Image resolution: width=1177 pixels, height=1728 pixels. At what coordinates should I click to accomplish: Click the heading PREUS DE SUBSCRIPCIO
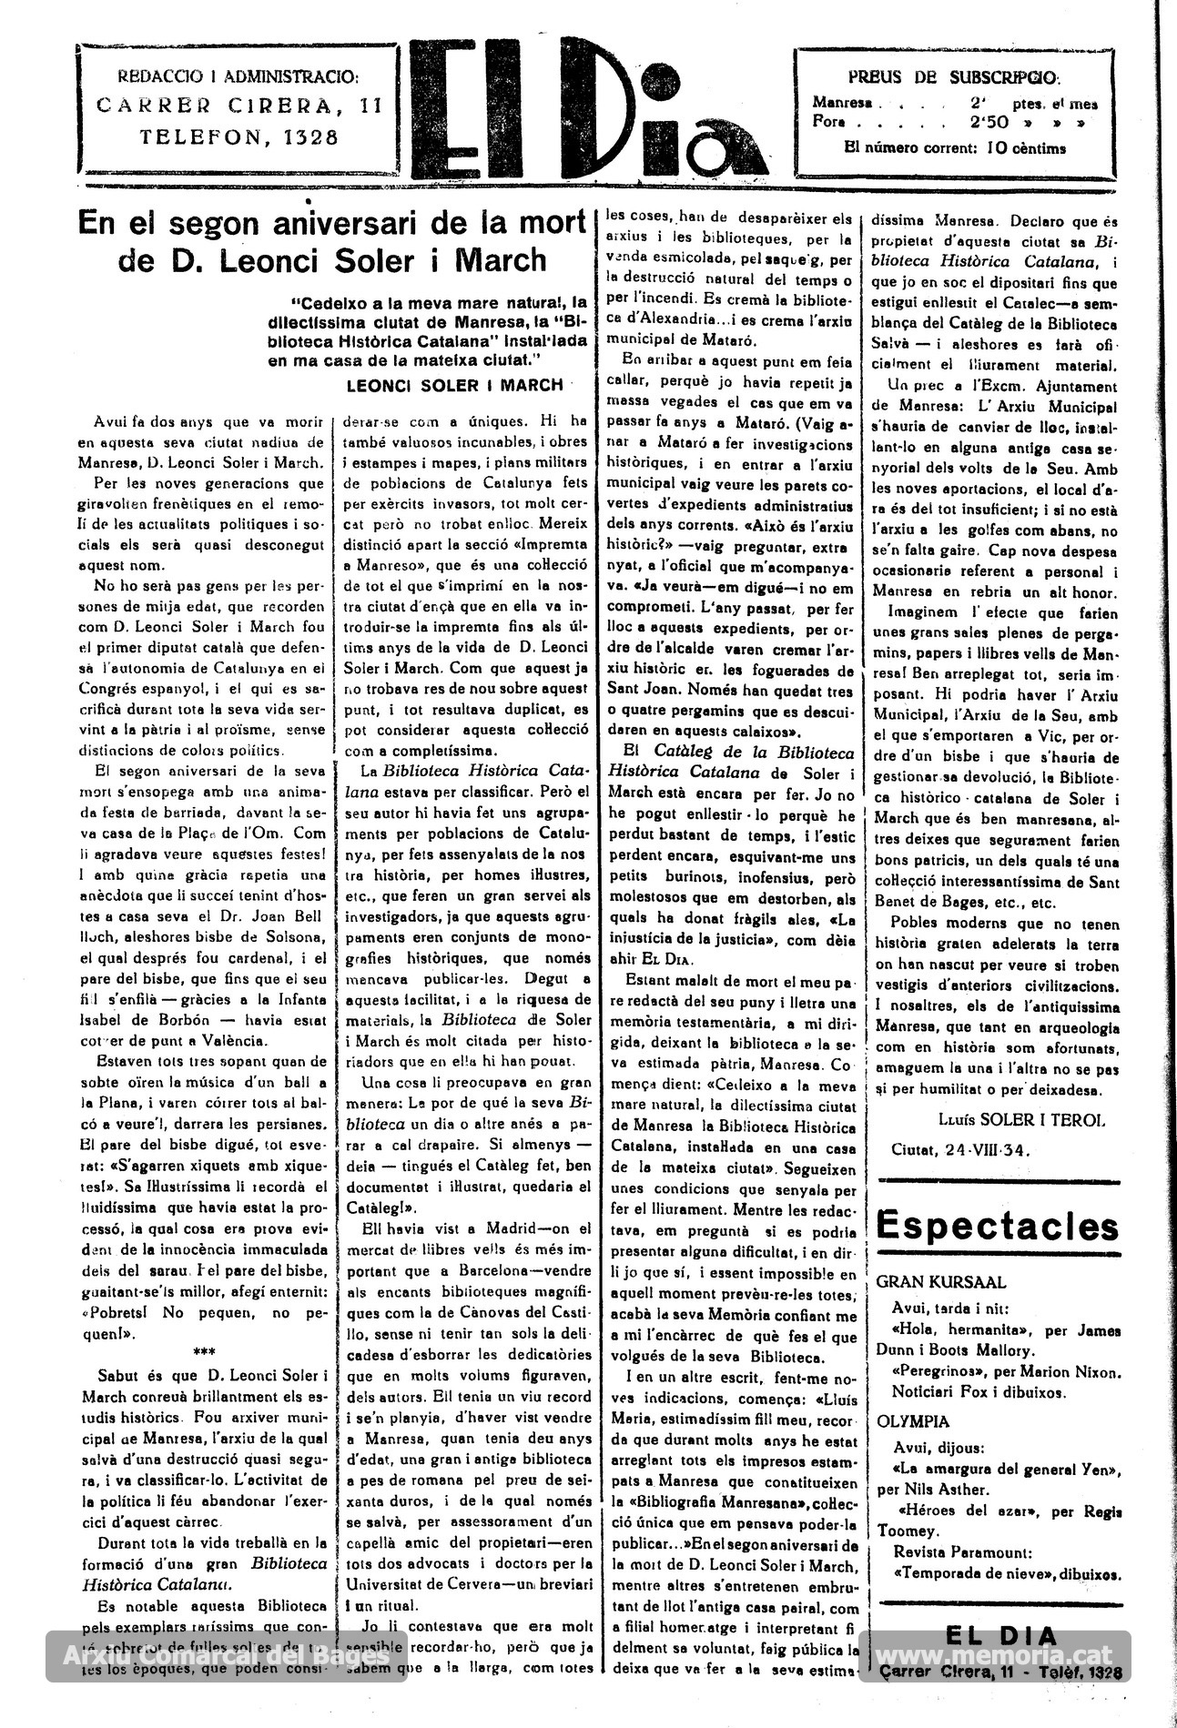pos(954,78)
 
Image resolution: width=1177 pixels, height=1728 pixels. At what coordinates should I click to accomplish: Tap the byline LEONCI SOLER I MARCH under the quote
pos(455,385)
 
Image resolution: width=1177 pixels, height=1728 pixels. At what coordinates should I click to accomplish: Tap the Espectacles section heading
pos(998,1226)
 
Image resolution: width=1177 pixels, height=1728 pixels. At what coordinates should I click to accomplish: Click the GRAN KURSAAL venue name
pos(941,1283)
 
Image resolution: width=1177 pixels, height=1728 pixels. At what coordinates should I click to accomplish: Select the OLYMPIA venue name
pos(913,1421)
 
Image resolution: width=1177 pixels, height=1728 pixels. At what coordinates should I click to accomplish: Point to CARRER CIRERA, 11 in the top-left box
pos(239,106)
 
